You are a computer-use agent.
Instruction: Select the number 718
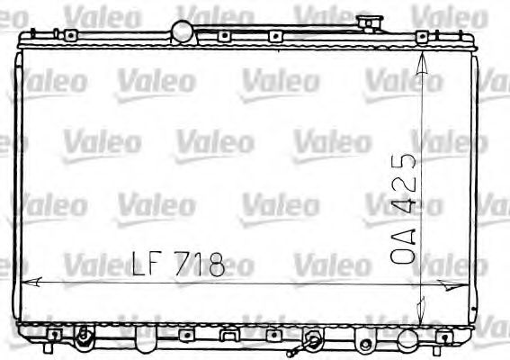pyautogui.click(x=197, y=263)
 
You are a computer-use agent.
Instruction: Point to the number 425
pyautogui.click(x=405, y=184)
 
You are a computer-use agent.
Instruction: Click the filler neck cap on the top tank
pyautogui.click(x=368, y=22)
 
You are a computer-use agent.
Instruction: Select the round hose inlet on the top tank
pyautogui.click(x=184, y=31)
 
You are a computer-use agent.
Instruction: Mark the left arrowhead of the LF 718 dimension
pyautogui.click(x=27, y=282)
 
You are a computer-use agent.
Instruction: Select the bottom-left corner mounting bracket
pyautogui.click(x=54, y=335)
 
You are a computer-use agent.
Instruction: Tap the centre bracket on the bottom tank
pyautogui.click(x=230, y=336)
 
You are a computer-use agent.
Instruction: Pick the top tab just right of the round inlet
pyautogui.click(x=222, y=36)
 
